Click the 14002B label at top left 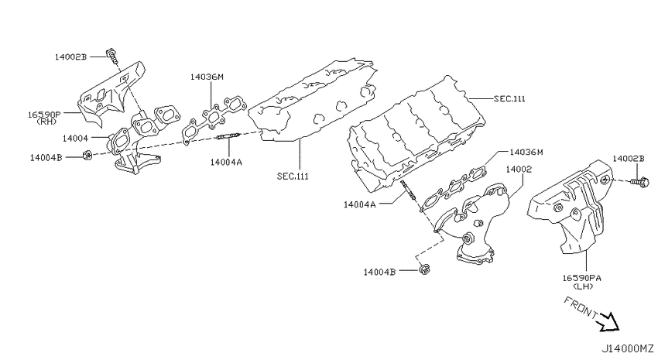coord(70,57)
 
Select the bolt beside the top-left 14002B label coord(112,57)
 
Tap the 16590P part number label coord(44,114)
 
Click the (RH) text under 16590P coord(46,122)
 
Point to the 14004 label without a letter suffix coord(75,138)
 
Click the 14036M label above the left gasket coord(207,77)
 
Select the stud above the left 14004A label coord(228,137)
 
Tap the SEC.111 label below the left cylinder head coord(293,177)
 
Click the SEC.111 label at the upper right coord(509,98)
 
